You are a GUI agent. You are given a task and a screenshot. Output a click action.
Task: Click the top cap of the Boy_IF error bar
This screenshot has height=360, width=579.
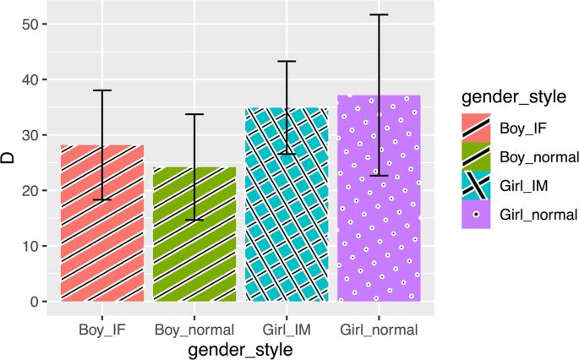pos(102,90)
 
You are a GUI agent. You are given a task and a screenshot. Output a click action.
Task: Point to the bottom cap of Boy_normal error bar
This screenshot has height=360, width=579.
pos(194,220)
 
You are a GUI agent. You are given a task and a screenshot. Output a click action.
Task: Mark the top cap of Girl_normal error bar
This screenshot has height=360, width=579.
pos(379,15)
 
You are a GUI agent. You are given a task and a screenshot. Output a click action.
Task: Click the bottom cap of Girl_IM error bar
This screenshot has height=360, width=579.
pos(287,154)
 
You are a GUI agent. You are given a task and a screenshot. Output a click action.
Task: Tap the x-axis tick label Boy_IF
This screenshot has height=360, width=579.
pos(102,329)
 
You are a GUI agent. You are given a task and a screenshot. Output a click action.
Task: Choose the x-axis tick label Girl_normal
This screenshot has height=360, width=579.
pos(379,329)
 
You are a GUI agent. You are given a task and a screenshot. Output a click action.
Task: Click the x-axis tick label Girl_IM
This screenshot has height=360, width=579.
pos(287,329)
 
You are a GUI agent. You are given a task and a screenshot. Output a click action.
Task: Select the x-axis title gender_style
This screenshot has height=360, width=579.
pos(240,349)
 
